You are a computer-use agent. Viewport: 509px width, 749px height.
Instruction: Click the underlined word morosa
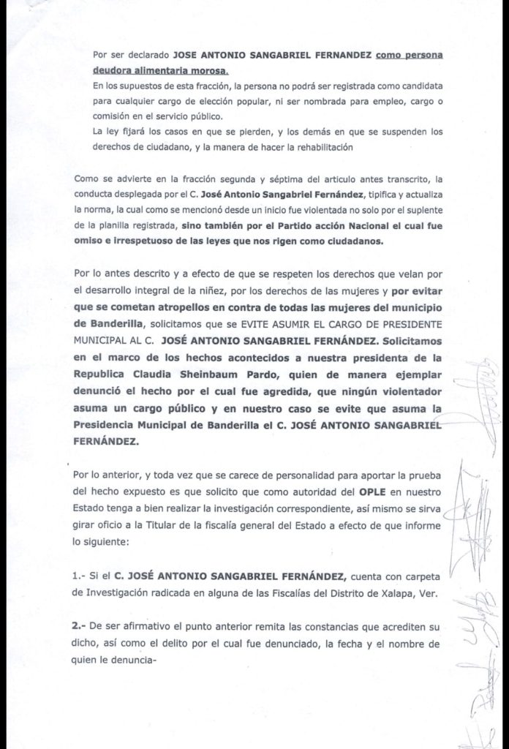click(x=206, y=70)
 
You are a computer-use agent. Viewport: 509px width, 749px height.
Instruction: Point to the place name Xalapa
click(x=392, y=593)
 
